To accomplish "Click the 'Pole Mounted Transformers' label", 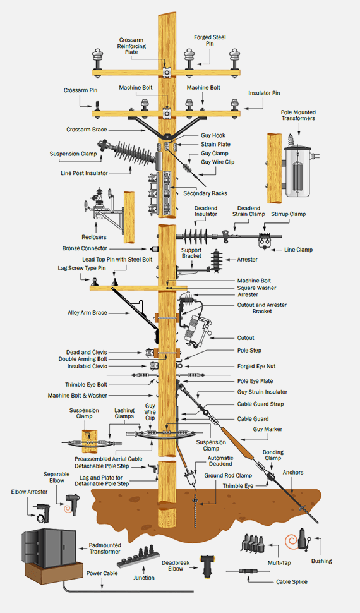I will coord(298,115).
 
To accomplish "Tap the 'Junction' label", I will coord(143,578).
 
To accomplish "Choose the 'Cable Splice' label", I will coord(292,581).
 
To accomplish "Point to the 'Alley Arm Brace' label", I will coord(87,312).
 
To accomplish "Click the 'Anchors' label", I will coord(293,471).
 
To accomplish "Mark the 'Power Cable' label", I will coord(101,574).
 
